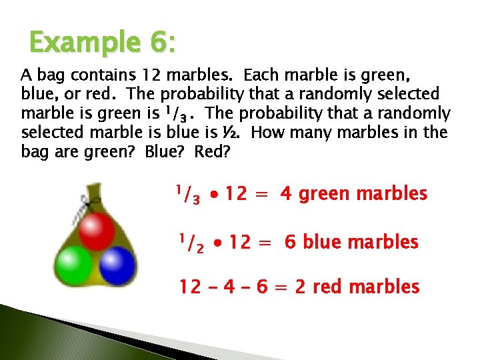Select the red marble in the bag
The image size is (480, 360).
tap(97, 229)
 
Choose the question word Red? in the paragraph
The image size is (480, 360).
tap(212, 151)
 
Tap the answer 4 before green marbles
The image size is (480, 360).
tap(286, 195)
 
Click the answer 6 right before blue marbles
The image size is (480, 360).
tap(290, 242)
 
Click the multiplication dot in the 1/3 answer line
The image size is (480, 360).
tap(213, 195)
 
